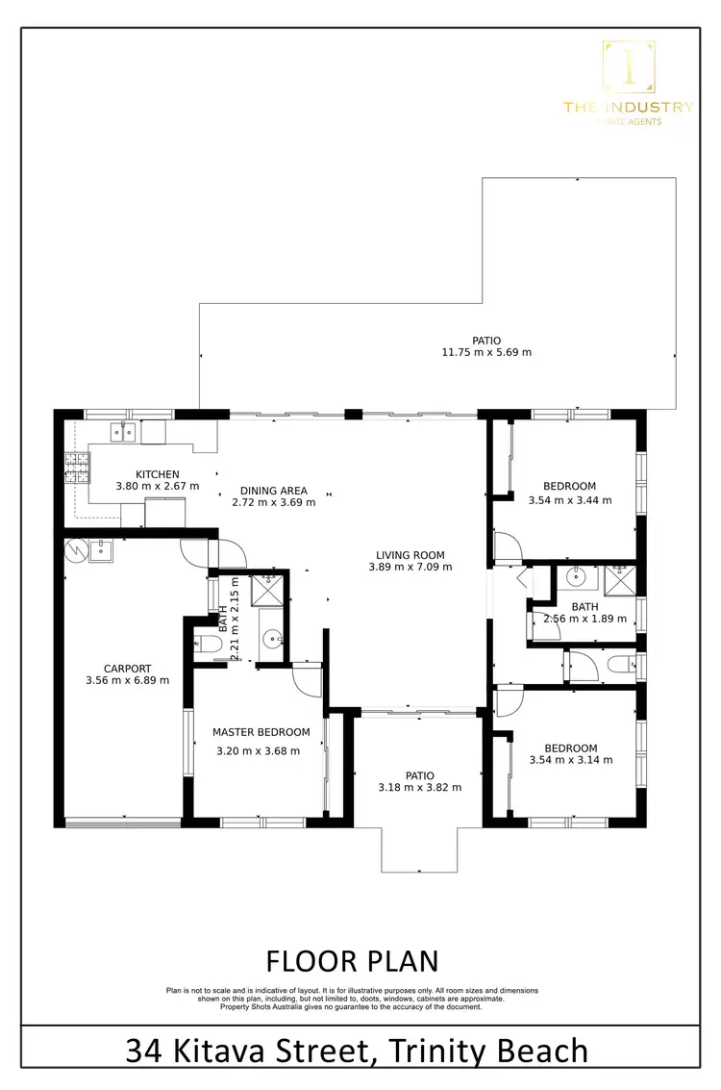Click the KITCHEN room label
158,474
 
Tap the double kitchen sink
121,432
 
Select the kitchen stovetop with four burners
74,467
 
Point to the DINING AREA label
274,491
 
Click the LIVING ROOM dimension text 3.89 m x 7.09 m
410,567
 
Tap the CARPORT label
127,669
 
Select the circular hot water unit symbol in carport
74,549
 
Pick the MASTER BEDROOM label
261,732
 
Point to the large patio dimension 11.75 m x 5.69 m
486,352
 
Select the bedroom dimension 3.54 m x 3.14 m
570,760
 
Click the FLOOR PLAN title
352,961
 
